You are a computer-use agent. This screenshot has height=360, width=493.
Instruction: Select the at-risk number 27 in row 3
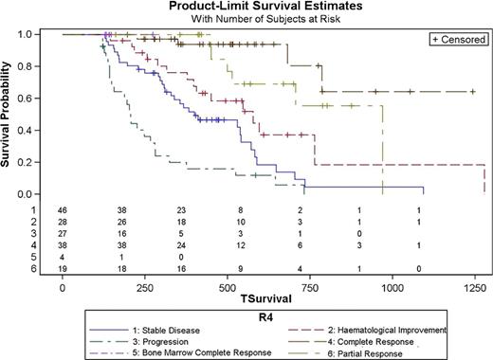(63, 232)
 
